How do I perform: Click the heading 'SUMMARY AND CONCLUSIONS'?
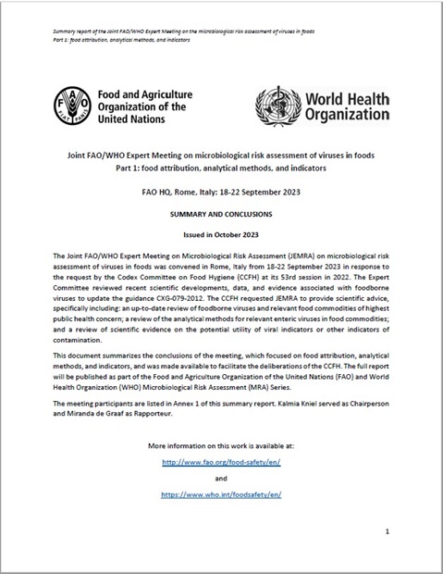221,213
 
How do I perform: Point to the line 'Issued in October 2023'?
221,234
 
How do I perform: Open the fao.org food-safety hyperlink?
221,461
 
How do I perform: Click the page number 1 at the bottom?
388,530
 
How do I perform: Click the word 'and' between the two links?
221,478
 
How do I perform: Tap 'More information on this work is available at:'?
221,443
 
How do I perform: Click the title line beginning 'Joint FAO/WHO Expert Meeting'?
221,157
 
